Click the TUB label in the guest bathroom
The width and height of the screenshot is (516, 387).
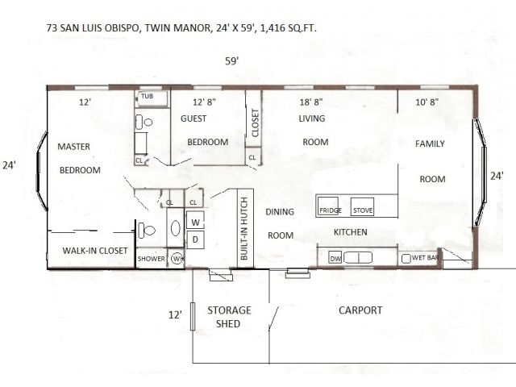(147, 96)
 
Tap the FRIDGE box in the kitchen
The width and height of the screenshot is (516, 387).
(328, 206)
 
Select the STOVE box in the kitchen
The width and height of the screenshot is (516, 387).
(362, 206)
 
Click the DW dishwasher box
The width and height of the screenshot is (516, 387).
(335, 258)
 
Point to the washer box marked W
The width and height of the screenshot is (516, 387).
(195, 220)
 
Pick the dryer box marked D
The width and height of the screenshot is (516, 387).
(195, 239)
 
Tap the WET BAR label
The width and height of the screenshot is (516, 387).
(425, 257)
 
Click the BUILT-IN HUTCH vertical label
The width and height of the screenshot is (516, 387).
(243, 228)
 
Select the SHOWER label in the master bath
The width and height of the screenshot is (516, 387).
(151, 259)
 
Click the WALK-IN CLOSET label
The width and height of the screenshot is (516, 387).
(95, 251)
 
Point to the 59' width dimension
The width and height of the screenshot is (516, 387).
(231, 61)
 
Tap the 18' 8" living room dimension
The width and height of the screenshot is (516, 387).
(311, 102)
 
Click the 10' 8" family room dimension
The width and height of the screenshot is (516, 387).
(427, 102)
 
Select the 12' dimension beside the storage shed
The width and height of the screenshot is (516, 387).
(175, 315)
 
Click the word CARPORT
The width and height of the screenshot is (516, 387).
(360, 310)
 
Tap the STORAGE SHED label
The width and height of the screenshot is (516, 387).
(229, 317)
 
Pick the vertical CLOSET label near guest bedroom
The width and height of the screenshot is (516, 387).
(255, 123)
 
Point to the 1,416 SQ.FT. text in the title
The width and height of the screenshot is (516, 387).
(289, 28)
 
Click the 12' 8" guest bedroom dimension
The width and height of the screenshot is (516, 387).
(204, 102)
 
